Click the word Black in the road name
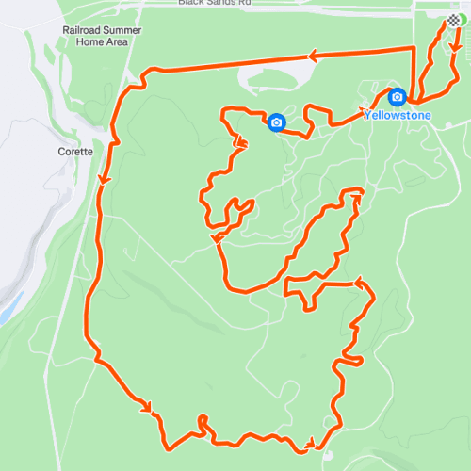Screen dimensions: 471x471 (x=190, y=3)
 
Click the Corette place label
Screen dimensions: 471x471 (x=74, y=152)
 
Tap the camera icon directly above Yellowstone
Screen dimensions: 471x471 (x=398, y=97)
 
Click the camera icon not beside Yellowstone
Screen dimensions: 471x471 (x=276, y=122)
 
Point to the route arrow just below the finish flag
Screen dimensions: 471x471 (x=456, y=44)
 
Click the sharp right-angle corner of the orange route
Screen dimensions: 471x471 (x=414, y=47)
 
